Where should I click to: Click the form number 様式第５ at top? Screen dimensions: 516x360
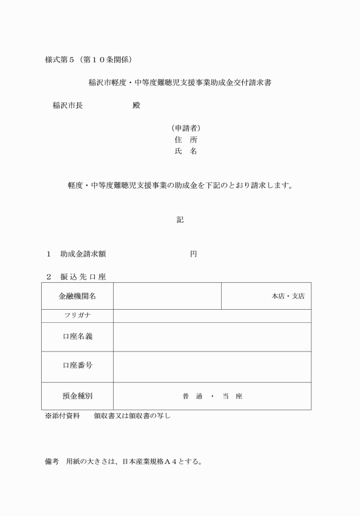(x=62, y=59)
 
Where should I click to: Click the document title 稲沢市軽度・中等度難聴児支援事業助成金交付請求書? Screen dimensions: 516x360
(x=179, y=82)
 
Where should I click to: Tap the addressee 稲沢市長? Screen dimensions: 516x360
(x=67, y=105)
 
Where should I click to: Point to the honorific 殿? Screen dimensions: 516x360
(x=135, y=105)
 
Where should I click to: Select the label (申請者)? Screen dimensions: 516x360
(x=185, y=128)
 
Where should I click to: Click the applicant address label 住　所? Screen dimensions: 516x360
(x=185, y=139)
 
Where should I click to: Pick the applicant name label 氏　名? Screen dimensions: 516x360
(x=185, y=151)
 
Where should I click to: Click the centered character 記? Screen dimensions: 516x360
(x=180, y=219)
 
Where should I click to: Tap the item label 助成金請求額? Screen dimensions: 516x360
(x=83, y=254)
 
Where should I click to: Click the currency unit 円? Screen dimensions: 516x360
(x=193, y=254)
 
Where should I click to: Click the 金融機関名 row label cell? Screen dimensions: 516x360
(x=77, y=296)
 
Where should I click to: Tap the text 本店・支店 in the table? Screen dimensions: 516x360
(x=288, y=296)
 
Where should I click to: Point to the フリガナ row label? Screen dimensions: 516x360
(x=77, y=315)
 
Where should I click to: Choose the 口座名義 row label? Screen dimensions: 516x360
(x=77, y=337)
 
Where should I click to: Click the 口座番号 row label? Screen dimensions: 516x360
(x=77, y=366)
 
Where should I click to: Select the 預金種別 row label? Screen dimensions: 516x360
(x=77, y=395)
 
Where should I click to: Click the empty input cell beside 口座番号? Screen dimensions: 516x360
(x=212, y=366)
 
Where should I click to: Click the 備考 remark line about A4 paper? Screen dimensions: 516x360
(x=123, y=461)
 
